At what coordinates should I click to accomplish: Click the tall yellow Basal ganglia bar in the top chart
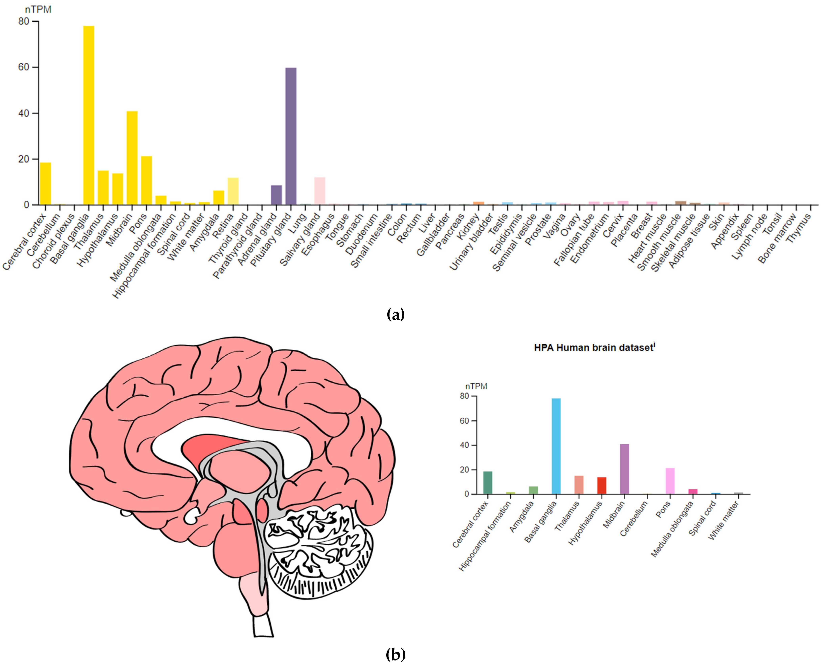(89, 115)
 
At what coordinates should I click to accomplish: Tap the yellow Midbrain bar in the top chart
(132, 158)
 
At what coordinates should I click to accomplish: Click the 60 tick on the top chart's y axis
(24, 67)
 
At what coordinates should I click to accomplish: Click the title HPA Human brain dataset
(594, 347)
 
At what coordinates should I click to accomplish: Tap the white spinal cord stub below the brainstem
(263, 625)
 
